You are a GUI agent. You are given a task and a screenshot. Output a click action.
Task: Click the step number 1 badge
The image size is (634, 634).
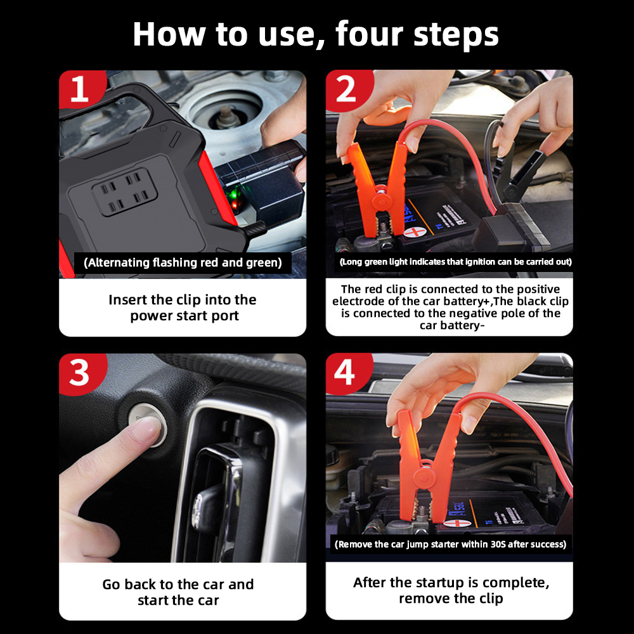pos(80,89)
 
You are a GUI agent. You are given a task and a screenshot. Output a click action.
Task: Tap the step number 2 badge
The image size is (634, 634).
pos(347,89)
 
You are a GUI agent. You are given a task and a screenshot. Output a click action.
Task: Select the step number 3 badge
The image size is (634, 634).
pos(80,373)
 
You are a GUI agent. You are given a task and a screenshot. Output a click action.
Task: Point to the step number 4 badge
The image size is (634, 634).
pos(346,372)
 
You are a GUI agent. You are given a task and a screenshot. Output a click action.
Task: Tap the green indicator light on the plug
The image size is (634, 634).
pos(231,195)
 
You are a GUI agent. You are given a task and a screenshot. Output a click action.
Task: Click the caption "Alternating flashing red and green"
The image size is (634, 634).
pos(183,263)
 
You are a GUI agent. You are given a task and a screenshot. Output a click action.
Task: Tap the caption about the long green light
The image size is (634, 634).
pos(456,262)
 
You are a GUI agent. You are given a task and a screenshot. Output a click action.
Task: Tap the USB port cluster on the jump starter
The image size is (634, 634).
pos(124,192)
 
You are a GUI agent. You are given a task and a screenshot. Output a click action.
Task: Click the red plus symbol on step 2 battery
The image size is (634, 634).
pos(415,233)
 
